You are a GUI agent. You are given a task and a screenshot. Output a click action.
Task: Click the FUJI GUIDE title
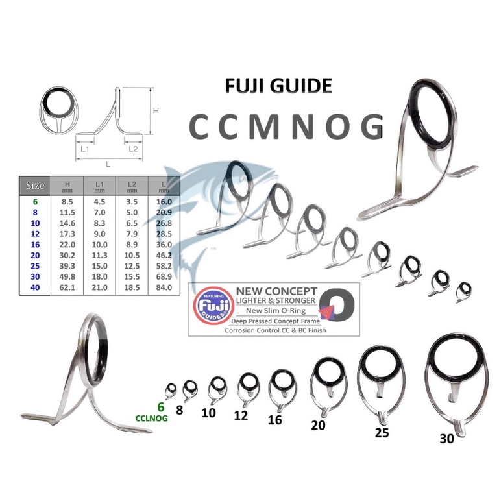[278, 86]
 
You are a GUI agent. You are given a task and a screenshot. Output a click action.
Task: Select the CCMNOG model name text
[286, 127]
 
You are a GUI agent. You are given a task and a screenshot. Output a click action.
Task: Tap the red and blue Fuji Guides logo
[214, 306]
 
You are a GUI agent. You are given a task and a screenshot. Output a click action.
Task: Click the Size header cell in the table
[35, 185]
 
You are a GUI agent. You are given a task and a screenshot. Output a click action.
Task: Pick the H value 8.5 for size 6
[67, 202]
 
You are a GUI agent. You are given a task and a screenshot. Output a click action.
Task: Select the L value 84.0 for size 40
[164, 287]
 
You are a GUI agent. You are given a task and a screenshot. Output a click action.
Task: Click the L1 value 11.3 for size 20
[100, 255]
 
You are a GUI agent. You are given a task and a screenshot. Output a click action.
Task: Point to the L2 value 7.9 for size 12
[132, 234]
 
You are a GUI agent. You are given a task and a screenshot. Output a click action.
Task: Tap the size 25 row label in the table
[35, 266]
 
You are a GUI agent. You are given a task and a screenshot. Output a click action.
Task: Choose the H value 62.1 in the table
[67, 287]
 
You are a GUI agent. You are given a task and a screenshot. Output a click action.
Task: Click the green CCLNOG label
[151, 418]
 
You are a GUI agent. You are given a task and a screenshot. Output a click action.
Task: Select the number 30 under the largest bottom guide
[446, 439]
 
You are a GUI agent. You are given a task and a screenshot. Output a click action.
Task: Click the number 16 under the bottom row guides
[274, 420]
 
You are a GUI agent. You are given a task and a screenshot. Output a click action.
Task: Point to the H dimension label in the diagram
[156, 111]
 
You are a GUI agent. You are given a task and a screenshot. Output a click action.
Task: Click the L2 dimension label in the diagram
[133, 149]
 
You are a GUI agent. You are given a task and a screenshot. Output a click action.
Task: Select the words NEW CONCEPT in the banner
[276, 291]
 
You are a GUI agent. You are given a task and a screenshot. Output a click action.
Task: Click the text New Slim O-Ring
[276, 311]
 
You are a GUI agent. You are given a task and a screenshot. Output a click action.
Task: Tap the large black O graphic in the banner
[338, 306]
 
